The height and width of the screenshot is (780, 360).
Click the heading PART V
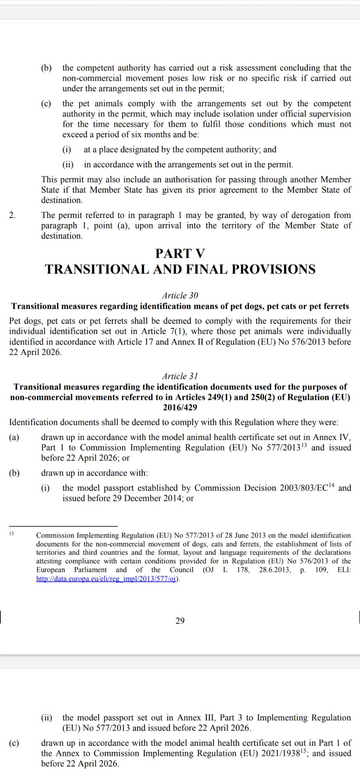[x=180, y=253]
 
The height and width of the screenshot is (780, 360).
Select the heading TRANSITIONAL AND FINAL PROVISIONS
[x=180, y=269]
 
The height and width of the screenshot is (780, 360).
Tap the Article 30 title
[x=180, y=296]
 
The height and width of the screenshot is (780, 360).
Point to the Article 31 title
[x=180, y=376]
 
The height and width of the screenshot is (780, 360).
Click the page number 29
[x=180, y=620]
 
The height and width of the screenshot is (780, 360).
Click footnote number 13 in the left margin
[x=11, y=533]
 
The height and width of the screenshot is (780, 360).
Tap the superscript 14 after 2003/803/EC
[x=331, y=485]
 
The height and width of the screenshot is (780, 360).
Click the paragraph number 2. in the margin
[x=12, y=215]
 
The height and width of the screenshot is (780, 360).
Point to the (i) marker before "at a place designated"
[x=67, y=150]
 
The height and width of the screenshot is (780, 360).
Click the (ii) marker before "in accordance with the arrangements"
[x=68, y=165]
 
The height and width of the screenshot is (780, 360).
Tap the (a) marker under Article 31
[x=14, y=438]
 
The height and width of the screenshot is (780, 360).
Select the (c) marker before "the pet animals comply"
[x=46, y=104]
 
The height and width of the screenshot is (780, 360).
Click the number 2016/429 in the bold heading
[x=180, y=408]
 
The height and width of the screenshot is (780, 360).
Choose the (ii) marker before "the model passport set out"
[x=46, y=718]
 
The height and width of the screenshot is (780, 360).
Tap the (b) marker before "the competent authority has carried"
[x=46, y=68]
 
